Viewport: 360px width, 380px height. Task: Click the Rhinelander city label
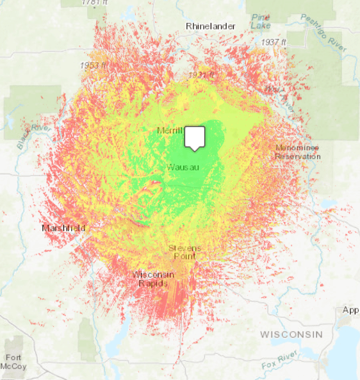coord(210,26)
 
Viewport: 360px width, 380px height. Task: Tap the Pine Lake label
coord(261,21)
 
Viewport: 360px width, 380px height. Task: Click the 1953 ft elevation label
coord(94,66)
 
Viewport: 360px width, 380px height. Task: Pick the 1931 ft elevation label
coord(201,75)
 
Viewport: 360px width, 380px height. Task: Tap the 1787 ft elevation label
coord(95,3)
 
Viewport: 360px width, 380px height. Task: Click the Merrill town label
coord(170,131)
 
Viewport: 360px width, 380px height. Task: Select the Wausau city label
coord(183,167)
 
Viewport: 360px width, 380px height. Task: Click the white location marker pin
coord(194,138)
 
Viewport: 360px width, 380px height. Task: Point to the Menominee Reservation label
coord(298,152)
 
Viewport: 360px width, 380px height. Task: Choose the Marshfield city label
coord(63,228)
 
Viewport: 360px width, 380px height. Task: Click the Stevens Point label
coord(184,252)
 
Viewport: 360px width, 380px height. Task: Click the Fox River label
coord(280,364)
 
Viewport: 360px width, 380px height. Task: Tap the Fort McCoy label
coord(14,361)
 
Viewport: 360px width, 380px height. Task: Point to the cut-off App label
coord(350,310)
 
